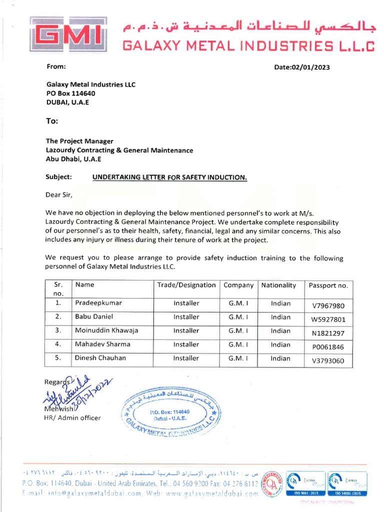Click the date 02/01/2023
point(302,67)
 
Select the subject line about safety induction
point(169,177)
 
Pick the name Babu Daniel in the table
point(94,316)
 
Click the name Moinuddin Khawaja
point(106,330)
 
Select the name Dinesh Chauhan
point(100,358)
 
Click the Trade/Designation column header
point(186,285)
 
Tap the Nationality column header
point(278,285)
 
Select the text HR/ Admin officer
point(72,418)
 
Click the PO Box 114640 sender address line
point(70,93)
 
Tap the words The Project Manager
point(79,141)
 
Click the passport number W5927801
point(328,319)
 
